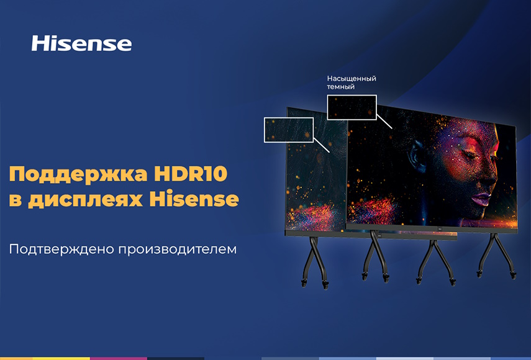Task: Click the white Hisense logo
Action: (81, 43)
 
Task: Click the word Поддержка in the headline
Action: (78, 175)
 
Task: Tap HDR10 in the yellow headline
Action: (190, 174)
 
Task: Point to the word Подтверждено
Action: (61, 250)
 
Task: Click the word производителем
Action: (178, 250)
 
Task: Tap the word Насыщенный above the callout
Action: (352, 78)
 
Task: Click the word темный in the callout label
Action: (341, 87)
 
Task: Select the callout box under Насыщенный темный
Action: (352, 96)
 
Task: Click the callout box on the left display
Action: (289, 118)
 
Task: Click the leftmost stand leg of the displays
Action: (315, 262)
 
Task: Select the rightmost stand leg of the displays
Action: (496, 256)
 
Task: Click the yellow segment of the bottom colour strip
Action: (61, 359)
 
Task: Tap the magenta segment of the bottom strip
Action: (119, 359)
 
